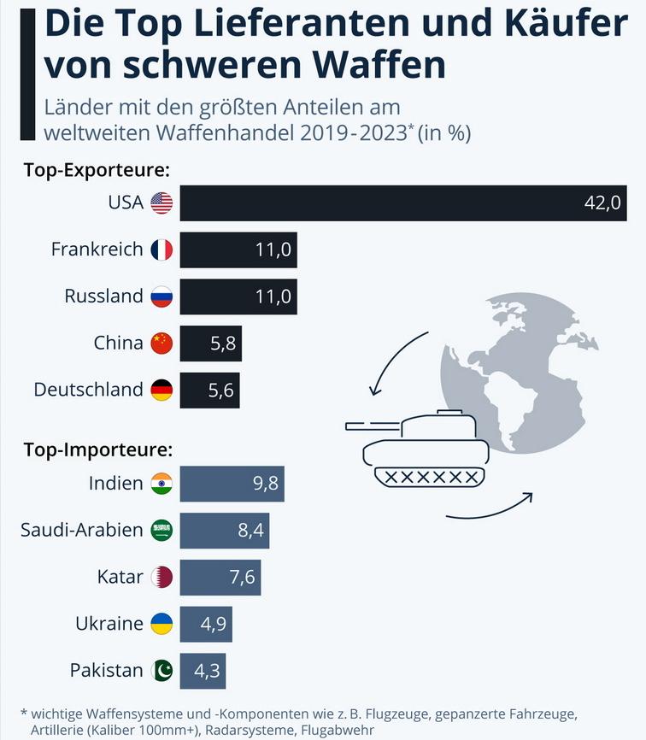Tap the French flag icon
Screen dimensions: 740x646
(x=161, y=250)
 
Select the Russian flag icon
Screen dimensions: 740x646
(x=161, y=297)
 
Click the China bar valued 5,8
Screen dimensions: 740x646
(x=211, y=344)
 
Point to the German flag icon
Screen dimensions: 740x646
(x=161, y=391)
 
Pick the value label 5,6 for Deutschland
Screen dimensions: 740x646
(x=221, y=391)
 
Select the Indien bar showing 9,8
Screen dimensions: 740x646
(x=232, y=484)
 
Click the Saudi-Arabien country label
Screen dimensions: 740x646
(x=82, y=530)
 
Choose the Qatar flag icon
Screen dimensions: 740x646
(x=161, y=577)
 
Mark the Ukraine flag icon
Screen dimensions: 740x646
(x=161, y=624)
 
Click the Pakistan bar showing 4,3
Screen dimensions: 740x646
(x=203, y=671)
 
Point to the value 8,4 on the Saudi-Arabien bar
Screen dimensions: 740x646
(x=251, y=531)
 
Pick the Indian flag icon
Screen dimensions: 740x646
(x=161, y=484)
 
